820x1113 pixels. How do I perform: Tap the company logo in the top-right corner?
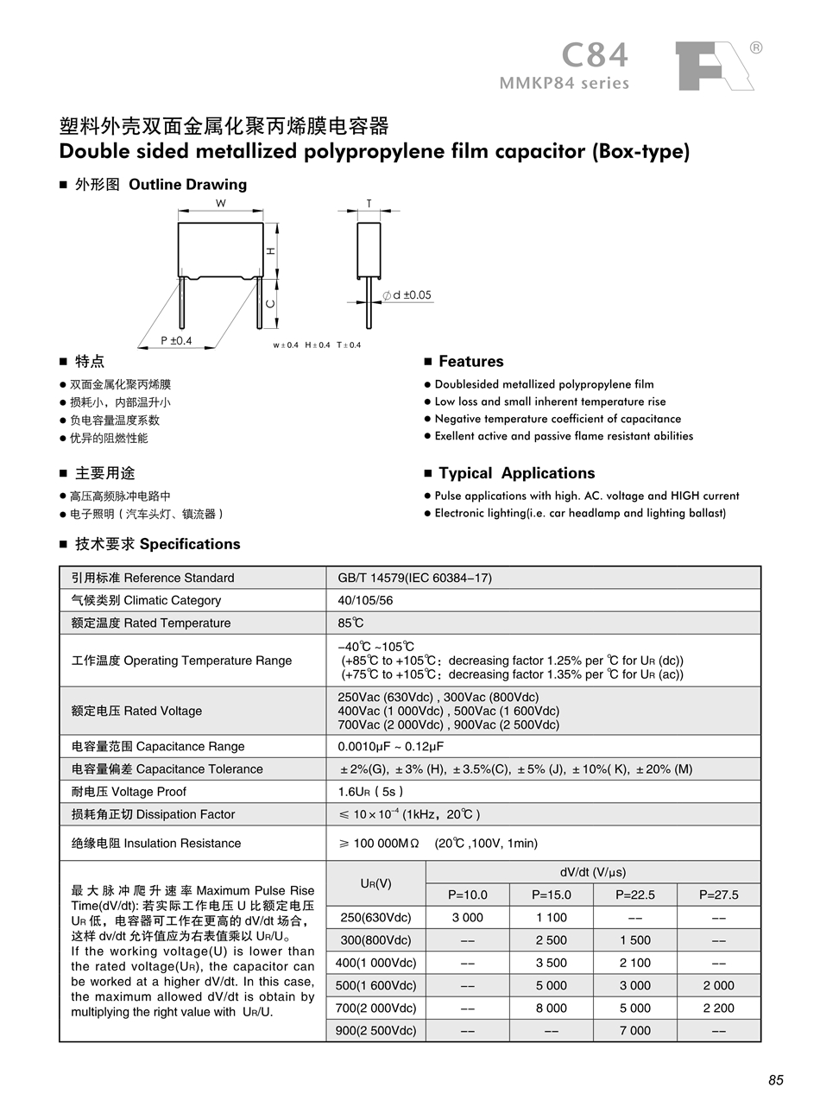pyautogui.click(x=714, y=66)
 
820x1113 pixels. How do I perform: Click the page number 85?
pyautogui.click(x=775, y=1080)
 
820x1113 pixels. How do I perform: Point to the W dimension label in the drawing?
pyautogui.click(x=220, y=204)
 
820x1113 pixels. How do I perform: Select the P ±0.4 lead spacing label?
pyautogui.click(x=176, y=341)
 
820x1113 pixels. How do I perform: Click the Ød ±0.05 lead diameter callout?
pyautogui.click(x=407, y=295)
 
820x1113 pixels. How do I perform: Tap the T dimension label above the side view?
pyautogui.click(x=369, y=204)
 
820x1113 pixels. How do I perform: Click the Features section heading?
pyautogui.click(x=470, y=361)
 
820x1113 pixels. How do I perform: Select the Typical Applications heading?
pyautogui.click(x=516, y=473)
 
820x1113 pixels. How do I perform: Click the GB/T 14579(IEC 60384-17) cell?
pyautogui.click(x=415, y=578)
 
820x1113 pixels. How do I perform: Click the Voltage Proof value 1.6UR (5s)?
pyautogui.click(x=370, y=791)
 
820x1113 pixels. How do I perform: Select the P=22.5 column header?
pyautogui.click(x=634, y=895)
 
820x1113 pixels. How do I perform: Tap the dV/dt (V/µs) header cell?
pyautogui.click(x=593, y=872)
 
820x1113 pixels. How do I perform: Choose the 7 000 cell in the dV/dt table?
pyautogui.click(x=634, y=1030)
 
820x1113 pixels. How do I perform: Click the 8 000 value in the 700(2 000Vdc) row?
pyautogui.click(x=551, y=1008)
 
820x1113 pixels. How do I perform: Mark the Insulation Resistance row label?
pyautogui.click(x=156, y=843)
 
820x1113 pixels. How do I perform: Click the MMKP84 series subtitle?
pyautogui.click(x=565, y=84)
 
